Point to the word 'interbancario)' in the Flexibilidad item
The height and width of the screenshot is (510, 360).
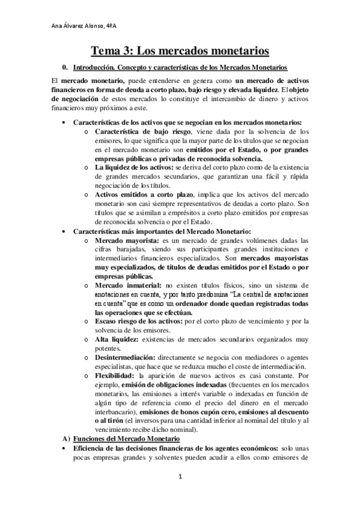pos(116,412)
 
